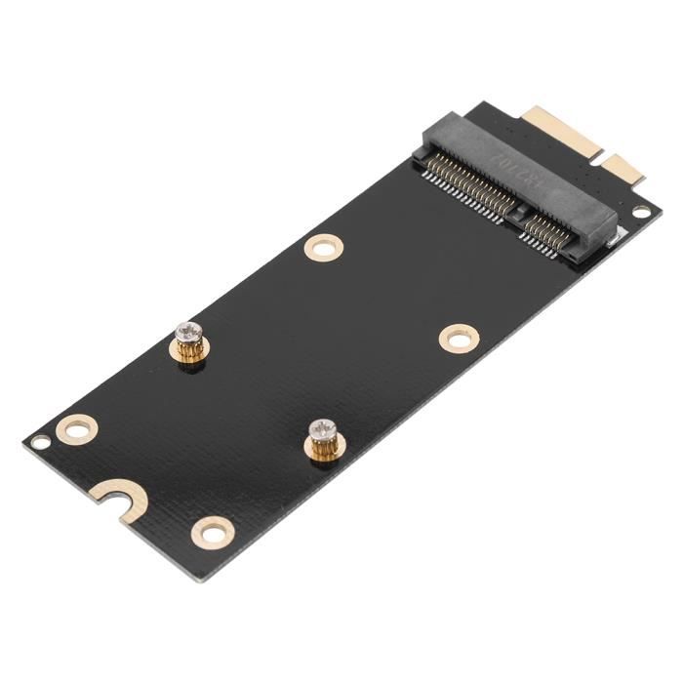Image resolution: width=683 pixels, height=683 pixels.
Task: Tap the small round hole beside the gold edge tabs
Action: click(641, 211)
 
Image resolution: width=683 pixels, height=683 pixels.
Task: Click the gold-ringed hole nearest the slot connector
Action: click(323, 247)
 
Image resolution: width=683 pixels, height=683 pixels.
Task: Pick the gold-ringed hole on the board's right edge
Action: click(459, 339)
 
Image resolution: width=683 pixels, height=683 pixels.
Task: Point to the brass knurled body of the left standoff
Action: click(191, 351)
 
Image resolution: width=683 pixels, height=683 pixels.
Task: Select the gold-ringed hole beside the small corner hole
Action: click(76, 427)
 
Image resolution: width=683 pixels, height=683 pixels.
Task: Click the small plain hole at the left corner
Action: click(40, 442)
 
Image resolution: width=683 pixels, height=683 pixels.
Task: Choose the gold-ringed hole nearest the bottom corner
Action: click(212, 532)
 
